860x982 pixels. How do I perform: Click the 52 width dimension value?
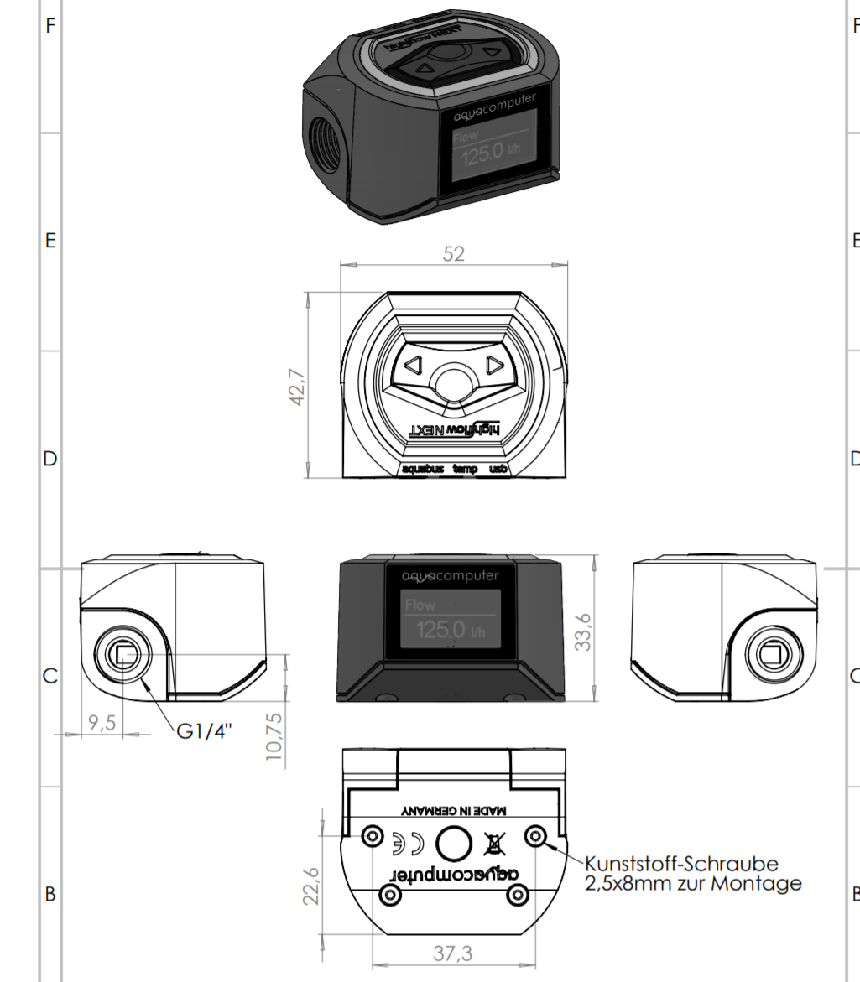point(453,253)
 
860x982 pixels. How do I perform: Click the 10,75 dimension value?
point(274,735)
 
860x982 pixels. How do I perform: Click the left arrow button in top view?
point(412,365)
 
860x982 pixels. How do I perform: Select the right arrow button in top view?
point(493,365)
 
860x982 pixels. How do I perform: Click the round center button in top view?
point(453,384)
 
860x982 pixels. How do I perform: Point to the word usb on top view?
point(498,470)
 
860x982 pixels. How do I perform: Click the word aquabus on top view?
point(424,470)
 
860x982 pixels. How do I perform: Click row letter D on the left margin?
point(50,460)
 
